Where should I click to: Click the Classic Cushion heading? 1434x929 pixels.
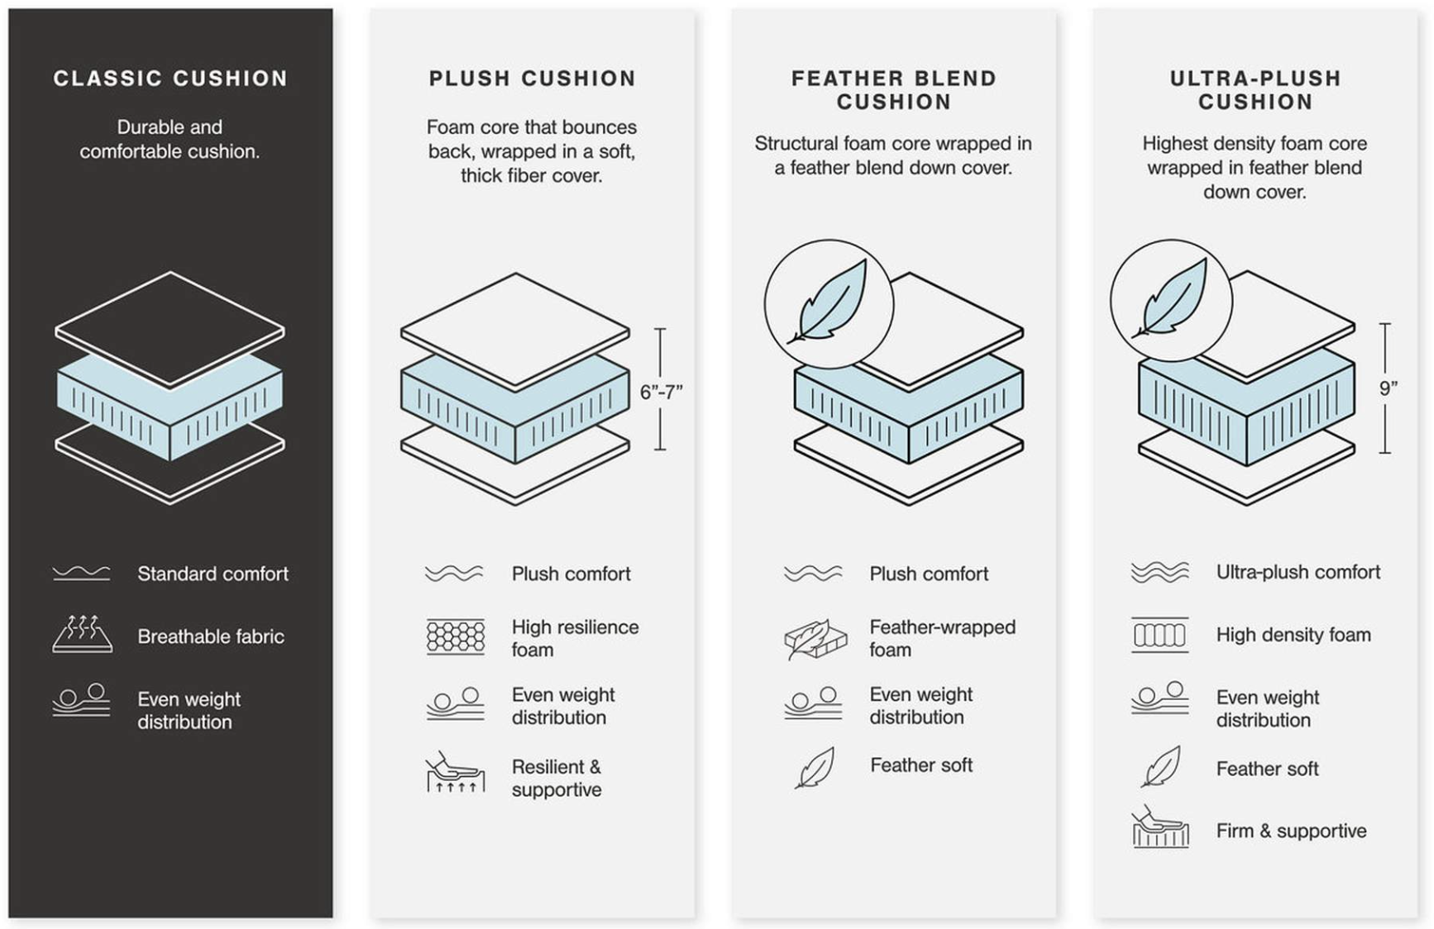point(170,79)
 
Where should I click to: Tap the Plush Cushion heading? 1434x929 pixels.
point(532,79)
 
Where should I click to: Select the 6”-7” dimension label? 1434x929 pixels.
point(661,392)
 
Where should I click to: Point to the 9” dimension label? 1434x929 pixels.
point(1388,388)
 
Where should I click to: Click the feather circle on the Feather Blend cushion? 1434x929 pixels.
point(829,304)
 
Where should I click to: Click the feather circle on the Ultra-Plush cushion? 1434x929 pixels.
point(1171,301)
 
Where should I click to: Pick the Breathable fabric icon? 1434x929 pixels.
point(82,635)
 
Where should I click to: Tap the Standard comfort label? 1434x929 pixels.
point(213,574)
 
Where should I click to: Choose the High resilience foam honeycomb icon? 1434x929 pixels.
point(456,637)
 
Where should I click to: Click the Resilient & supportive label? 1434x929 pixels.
point(557,778)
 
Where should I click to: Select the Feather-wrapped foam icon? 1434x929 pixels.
point(815,639)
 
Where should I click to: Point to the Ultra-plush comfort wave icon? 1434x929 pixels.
point(1159,572)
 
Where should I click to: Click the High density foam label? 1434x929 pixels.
point(1293,635)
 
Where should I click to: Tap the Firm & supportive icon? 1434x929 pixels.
point(1159,827)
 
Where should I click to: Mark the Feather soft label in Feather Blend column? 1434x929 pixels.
point(921,765)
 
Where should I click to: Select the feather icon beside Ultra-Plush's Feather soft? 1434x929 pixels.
point(1160,767)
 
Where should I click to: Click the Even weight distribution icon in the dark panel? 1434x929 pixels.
point(81,700)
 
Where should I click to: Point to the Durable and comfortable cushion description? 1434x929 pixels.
point(170,139)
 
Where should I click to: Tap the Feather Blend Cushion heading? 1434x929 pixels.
point(893,90)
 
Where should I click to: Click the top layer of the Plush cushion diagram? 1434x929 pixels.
point(514,329)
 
